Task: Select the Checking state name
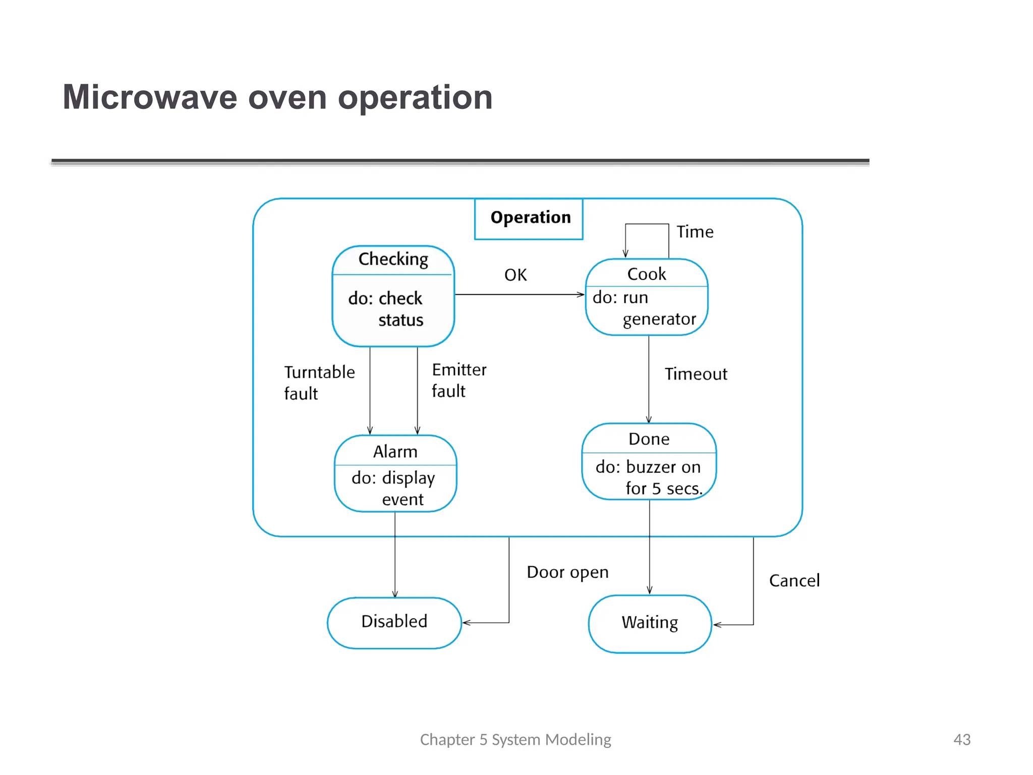click(x=393, y=259)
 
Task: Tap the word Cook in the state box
click(x=646, y=274)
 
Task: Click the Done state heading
click(x=649, y=439)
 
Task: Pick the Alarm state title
click(x=395, y=452)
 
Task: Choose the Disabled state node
click(x=394, y=622)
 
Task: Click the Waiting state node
click(x=650, y=623)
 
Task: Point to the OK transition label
click(x=515, y=275)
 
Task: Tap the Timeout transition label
click(x=696, y=374)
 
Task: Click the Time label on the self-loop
click(x=695, y=232)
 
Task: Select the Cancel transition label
click(x=794, y=581)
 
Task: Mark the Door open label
click(x=567, y=572)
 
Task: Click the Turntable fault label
click(x=319, y=382)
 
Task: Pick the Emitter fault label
click(x=458, y=380)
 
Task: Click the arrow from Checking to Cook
click(x=520, y=295)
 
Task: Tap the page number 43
click(x=961, y=740)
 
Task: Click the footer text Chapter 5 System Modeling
click(x=515, y=740)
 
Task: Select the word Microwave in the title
click(x=150, y=97)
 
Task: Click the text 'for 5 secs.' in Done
click(x=664, y=488)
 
